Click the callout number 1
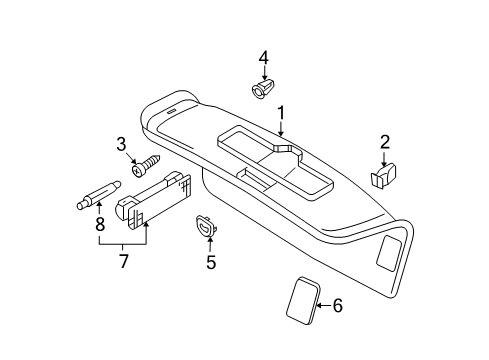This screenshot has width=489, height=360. pyautogui.click(x=282, y=113)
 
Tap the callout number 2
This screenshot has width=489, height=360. pyautogui.click(x=385, y=142)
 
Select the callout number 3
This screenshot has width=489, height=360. pyautogui.click(x=121, y=145)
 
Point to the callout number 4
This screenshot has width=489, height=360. pyautogui.click(x=263, y=58)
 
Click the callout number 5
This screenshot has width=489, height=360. pyautogui.click(x=211, y=262)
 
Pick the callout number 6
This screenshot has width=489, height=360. pyautogui.click(x=338, y=305)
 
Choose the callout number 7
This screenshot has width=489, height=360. pyautogui.click(x=124, y=261)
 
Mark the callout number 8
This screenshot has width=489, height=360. pyautogui.click(x=100, y=224)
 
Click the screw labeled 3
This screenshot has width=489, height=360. pyautogui.click(x=146, y=165)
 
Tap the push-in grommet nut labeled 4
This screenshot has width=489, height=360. pyautogui.click(x=261, y=88)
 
